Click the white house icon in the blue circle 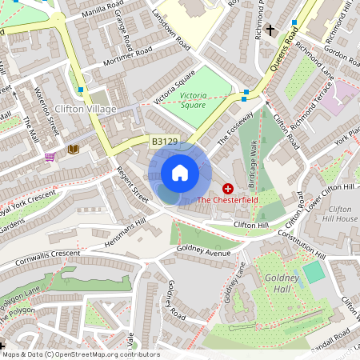point(180,173)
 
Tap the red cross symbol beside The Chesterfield point(228,189)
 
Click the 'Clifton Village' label point(86,108)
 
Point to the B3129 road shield point(164,142)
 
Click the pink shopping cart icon point(50,157)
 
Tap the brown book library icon point(74,149)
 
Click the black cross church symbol point(270,30)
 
